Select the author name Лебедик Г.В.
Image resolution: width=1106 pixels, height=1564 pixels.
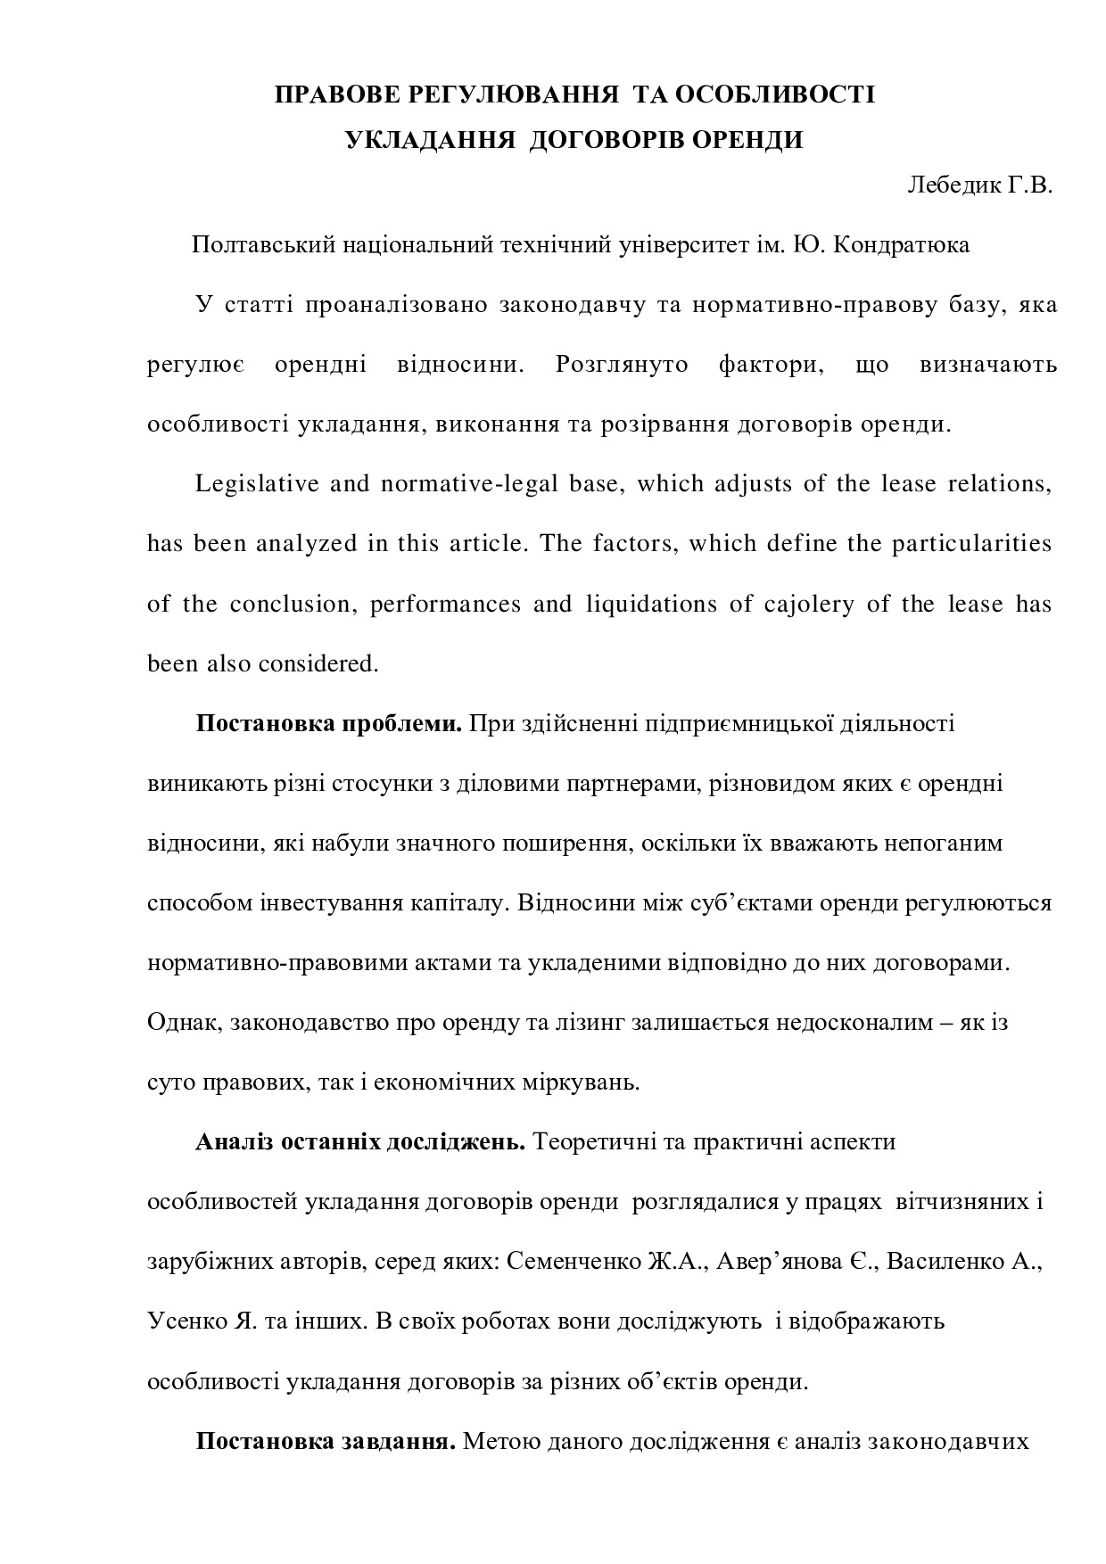click(x=979, y=185)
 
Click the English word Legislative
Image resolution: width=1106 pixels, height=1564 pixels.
click(x=257, y=484)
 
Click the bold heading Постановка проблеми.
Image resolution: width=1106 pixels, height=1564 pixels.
click(x=327, y=723)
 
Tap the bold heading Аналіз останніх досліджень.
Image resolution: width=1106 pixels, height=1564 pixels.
click(x=359, y=1142)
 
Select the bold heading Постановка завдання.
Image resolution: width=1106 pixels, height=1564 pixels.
click(x=326, y=1442)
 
